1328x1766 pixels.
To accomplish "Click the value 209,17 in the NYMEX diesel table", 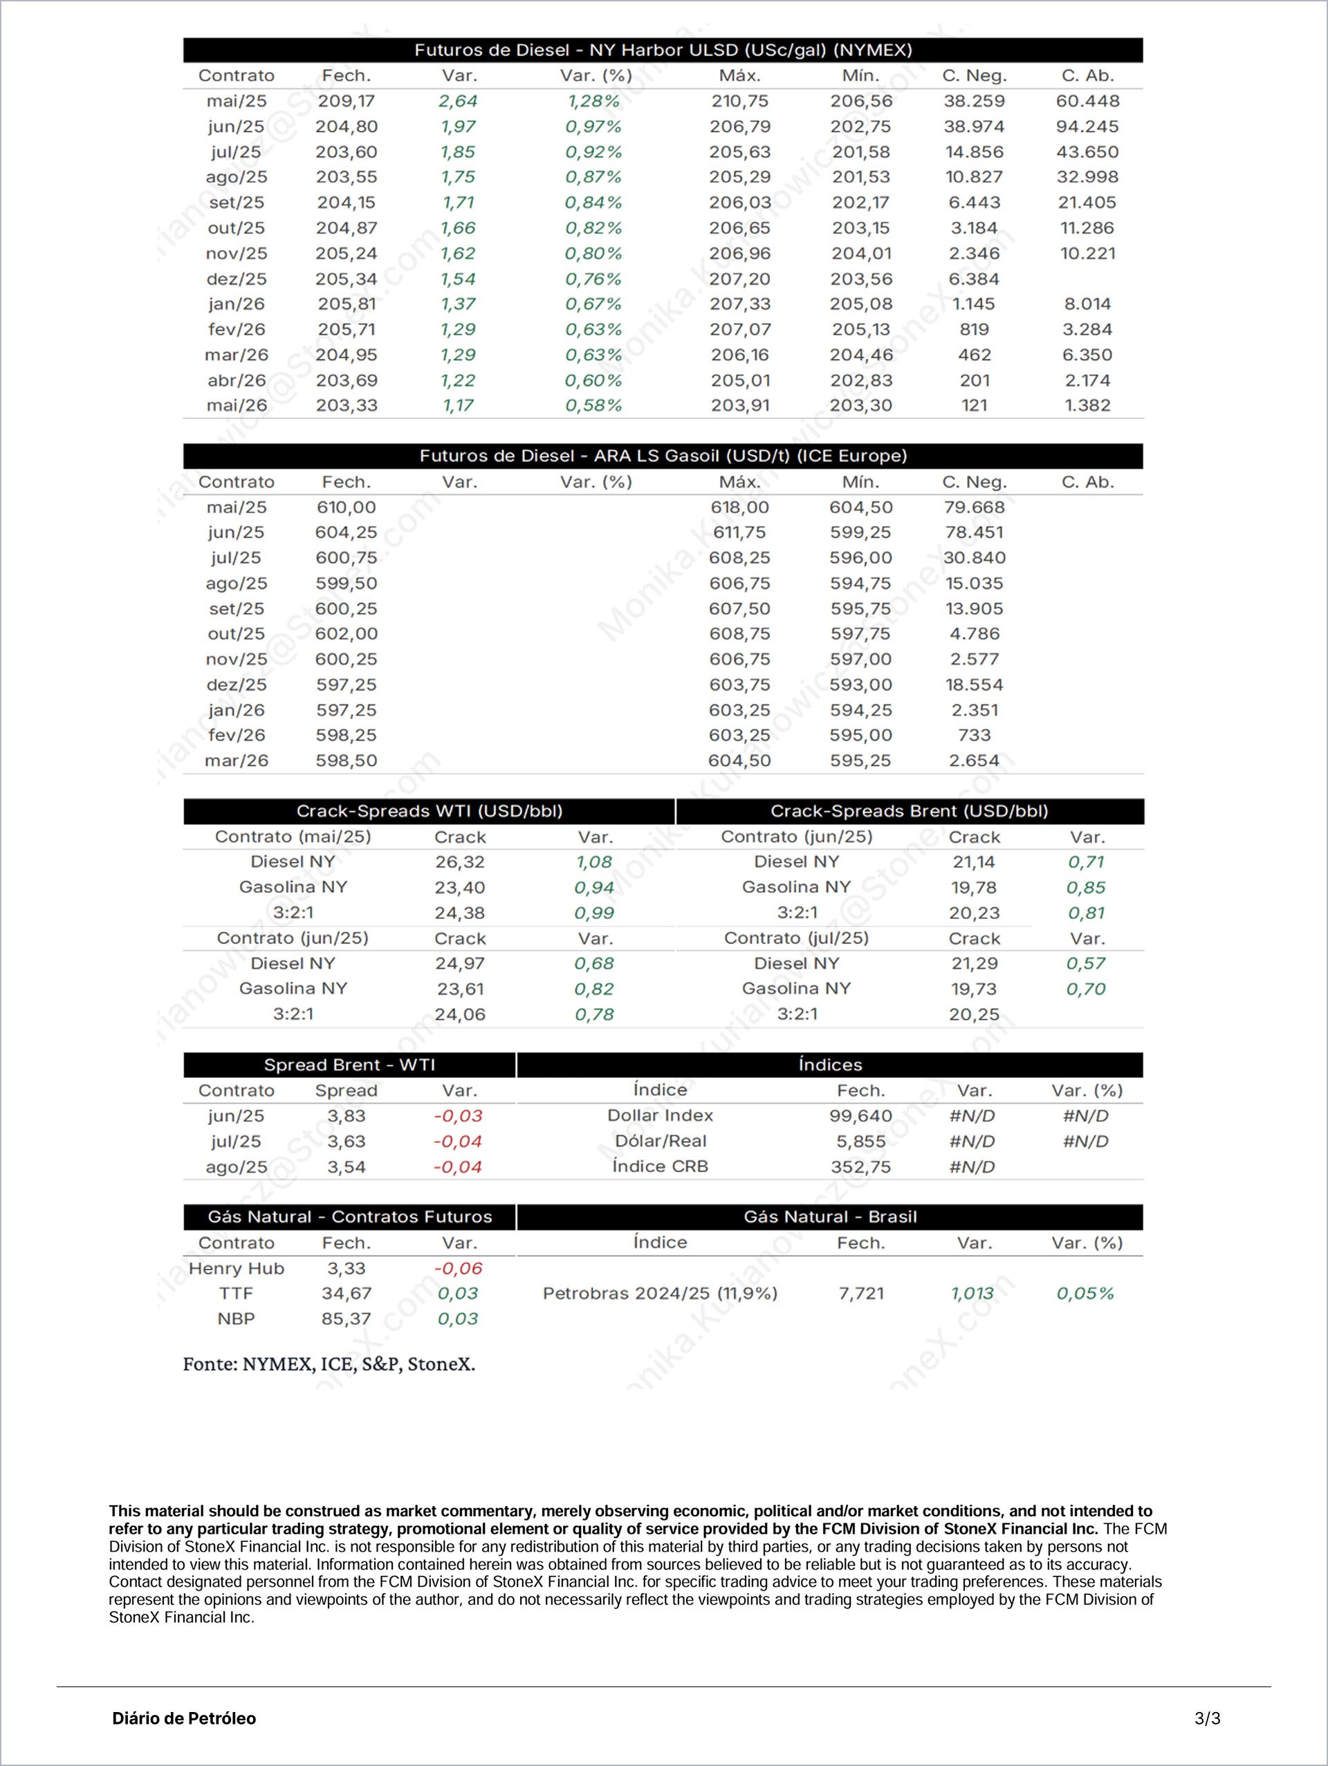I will coord(346,102).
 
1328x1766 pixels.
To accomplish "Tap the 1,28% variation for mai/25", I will coord(593,102).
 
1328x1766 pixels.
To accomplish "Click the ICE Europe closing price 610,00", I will coord(346,507).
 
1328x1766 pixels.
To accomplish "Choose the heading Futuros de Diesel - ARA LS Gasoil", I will coord(663,456).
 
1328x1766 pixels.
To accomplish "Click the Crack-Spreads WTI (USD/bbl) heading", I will coord(430,811).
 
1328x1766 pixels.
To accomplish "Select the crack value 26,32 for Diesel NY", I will coord(460,862).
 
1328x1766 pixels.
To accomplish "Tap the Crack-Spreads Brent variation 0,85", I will coord(1086,887).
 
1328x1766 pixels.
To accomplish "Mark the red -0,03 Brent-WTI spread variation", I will coord(459,1116).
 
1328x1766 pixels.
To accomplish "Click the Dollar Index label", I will coord(660,1115).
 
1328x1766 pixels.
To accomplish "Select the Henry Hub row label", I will coord(237,1269).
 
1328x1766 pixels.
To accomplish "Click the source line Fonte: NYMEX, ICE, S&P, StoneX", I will coord(329,1364).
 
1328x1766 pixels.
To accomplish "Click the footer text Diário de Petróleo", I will coord(184,1718).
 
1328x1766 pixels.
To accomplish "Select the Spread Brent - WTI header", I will coord(349,1065).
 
